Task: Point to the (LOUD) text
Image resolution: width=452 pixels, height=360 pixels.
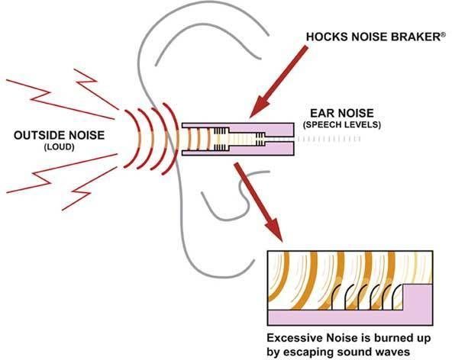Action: [59, 147]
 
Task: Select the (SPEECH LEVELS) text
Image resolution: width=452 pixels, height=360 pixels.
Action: [342, 125]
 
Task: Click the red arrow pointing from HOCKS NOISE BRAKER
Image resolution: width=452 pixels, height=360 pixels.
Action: [278, 82]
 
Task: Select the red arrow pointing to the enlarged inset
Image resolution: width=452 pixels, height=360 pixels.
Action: [258, 202]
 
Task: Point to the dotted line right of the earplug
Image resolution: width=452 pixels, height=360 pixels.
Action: [328, 139]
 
